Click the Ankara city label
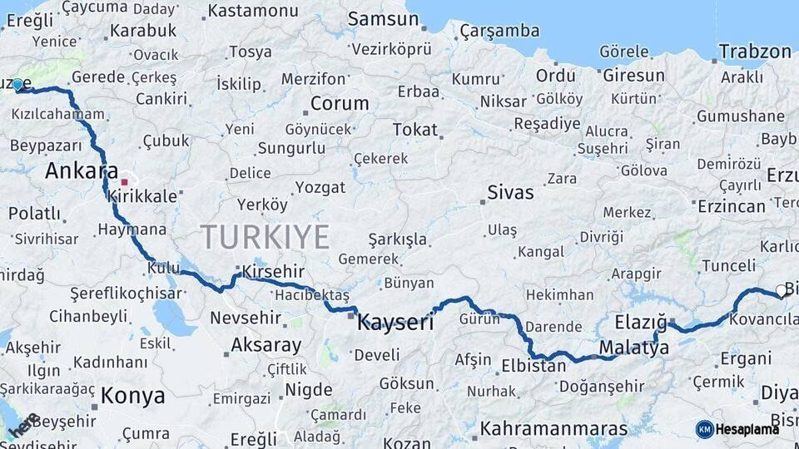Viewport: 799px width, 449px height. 82,171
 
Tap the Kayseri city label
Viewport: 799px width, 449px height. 395,323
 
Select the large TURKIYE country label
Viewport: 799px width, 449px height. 266,237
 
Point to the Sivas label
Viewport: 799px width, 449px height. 510,193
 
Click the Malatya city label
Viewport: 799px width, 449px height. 633,348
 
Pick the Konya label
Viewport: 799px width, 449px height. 133,396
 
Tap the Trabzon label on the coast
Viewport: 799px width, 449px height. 755,52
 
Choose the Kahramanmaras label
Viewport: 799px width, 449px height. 553,429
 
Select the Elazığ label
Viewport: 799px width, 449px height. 642,322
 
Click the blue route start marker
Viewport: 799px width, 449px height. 17,84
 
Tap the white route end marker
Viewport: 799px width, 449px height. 781,290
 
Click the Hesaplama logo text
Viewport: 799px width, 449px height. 747,429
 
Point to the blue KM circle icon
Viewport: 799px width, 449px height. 704,429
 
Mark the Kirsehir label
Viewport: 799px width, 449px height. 274,272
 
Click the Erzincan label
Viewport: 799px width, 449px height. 732,205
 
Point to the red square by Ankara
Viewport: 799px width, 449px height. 124,181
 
